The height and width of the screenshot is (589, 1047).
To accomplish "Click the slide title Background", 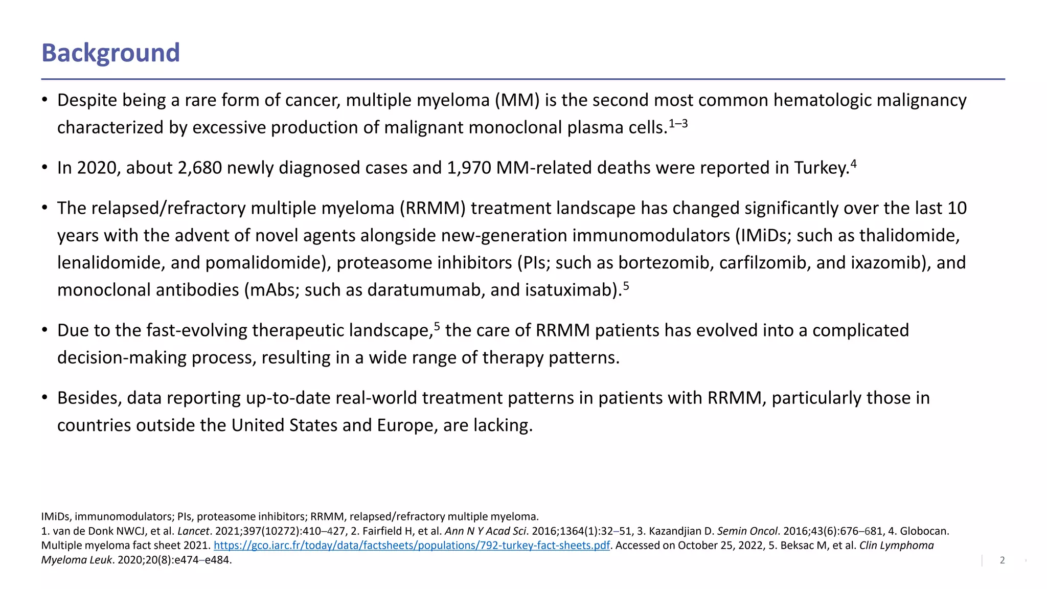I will [110, 53].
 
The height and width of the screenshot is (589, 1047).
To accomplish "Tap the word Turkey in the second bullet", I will [821, 168].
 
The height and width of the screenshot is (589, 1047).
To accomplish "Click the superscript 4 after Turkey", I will [853, 164].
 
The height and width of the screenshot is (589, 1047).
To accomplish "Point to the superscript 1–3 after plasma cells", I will [678, 123].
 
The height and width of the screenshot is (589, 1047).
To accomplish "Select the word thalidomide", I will [909, 235].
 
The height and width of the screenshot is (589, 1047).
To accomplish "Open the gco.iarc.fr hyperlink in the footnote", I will [412, 546].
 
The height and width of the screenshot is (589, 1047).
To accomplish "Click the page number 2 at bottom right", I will [1002, 560].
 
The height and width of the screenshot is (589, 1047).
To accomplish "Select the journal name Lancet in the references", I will [193, 531].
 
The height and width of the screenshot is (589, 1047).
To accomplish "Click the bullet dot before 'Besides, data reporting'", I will [45, 397].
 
